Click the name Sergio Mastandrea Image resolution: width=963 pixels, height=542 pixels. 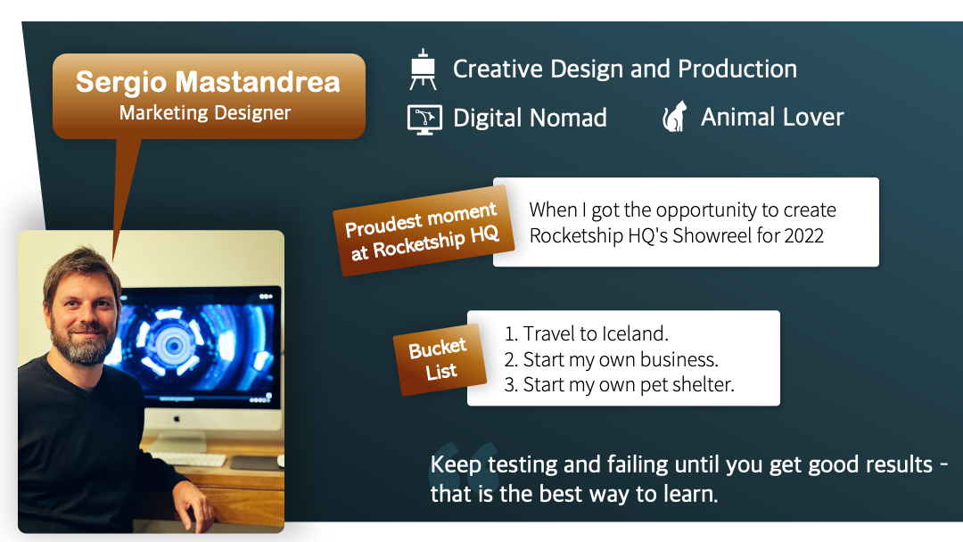pos(208,82)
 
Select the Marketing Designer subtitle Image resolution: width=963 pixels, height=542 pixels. pos(204,113)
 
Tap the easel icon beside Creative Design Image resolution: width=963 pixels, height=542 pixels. pos(423,70)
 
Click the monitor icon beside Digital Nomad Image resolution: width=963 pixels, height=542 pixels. pos(424,119)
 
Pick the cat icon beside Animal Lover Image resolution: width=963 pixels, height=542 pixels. pos(674,116)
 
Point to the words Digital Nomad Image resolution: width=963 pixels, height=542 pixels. pos(530,118)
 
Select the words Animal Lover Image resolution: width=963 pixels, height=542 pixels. pos(772,117)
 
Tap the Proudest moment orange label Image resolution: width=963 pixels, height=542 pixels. pos(424,230)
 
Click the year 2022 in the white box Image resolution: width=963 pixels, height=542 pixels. pos(803,235)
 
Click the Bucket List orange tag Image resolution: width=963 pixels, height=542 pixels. pos(440,359)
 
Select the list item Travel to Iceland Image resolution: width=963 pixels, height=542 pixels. pos(586,333)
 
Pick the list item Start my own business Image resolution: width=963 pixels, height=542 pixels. pos(611,359)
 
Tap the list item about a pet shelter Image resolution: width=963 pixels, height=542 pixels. pos(619,384)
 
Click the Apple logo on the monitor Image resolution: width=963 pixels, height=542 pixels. pos(177,419)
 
